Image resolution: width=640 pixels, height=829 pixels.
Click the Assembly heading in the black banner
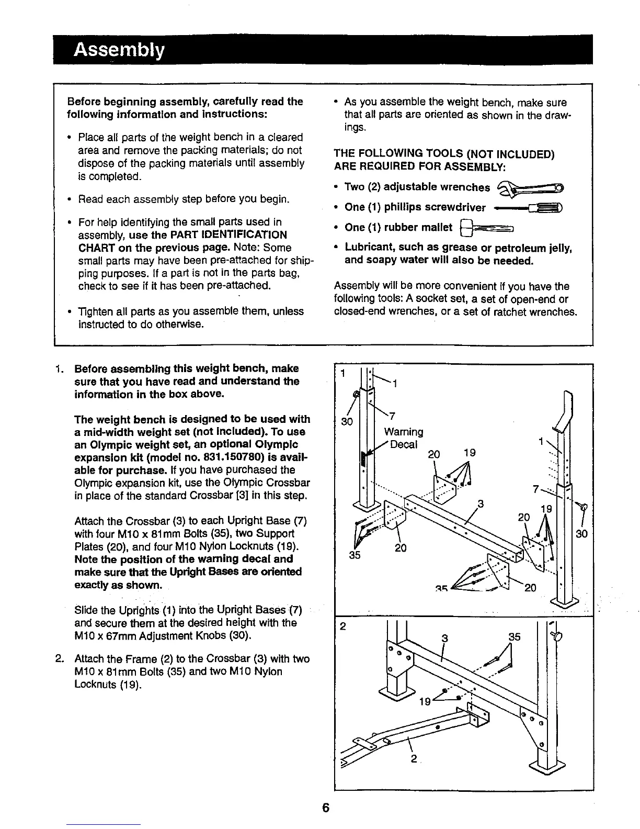[x=119, y=50]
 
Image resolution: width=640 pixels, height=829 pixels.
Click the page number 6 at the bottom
[x=325, y=808]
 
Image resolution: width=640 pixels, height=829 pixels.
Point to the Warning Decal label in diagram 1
[x=404, y=438]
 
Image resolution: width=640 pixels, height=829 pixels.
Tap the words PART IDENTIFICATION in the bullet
[x=230, y=234]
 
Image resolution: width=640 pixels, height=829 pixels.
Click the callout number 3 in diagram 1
[x=480, y=505]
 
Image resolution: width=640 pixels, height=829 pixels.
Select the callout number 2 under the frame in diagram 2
[x=414, y=759]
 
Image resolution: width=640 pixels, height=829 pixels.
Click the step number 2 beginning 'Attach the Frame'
[x=59, y=658]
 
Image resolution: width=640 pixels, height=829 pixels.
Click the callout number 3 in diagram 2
[x=445, y=637]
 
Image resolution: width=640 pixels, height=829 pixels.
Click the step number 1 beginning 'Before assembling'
[x=59, y=368]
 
